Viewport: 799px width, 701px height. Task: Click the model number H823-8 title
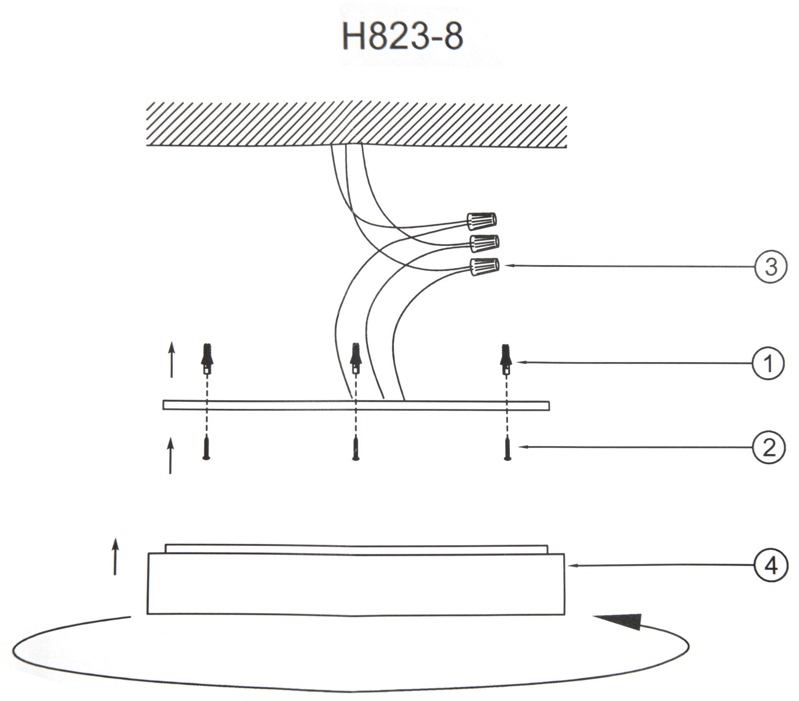402,36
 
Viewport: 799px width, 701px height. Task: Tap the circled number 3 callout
771,266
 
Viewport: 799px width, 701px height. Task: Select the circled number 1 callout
768,363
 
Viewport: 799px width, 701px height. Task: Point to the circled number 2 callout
769,448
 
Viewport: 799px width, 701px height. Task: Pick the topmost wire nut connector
481,221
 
